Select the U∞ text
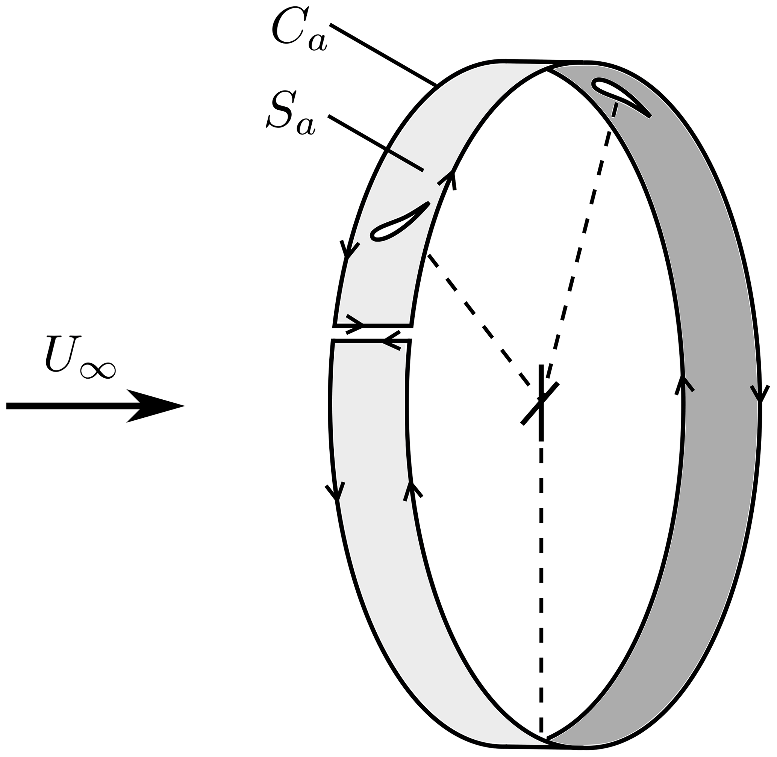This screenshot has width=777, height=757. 80,356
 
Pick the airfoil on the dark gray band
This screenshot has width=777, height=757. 621,95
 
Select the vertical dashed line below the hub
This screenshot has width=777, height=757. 541,557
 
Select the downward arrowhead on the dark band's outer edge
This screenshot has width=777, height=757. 759,394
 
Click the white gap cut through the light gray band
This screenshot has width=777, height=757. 372,333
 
